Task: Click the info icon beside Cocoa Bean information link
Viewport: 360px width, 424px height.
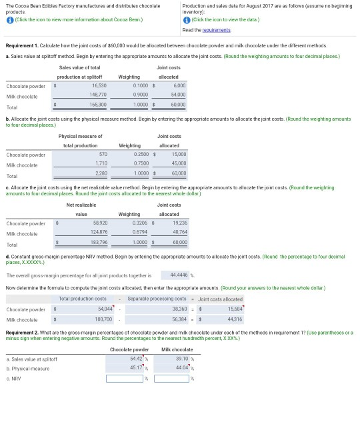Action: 9,19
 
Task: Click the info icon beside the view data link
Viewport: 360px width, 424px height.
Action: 186,19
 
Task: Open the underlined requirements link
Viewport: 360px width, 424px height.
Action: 215,30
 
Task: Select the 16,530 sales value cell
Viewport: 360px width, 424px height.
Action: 98,86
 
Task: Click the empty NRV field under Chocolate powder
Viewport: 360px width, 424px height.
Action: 126,379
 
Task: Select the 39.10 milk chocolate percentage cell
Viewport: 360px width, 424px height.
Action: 173,359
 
